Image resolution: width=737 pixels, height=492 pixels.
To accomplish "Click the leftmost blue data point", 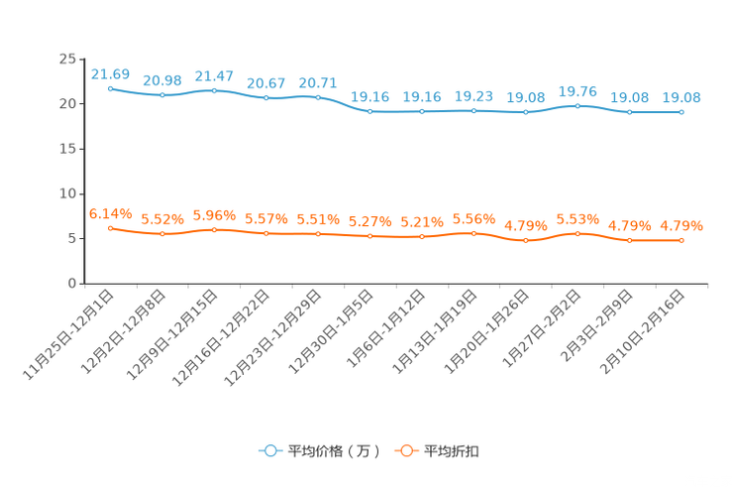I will (x=110, y=88).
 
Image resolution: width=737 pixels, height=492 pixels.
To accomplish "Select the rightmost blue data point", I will (x=682, y=111).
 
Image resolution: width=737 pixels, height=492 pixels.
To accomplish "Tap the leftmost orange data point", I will (x=110, y=227).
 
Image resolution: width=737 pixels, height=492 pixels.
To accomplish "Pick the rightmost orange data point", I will (x=682, y=240).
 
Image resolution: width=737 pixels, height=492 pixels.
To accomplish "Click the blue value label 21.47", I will (x=214, y=75).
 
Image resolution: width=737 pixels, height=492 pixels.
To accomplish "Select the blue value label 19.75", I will (x=578, y=90).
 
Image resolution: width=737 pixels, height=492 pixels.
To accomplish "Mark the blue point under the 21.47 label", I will (x=214, y=90).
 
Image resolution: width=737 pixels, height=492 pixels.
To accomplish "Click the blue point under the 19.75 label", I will (x=578, y=105).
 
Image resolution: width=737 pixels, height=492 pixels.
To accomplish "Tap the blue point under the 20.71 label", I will (x=318, y=96).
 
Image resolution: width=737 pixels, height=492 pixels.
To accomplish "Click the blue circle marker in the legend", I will (x=268, y=450).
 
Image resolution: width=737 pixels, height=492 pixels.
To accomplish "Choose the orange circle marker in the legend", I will (x=404, y=450).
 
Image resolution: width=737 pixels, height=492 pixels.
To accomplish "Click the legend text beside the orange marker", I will (x=452, y=451).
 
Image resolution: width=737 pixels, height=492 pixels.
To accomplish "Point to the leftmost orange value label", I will (x=110, y=212).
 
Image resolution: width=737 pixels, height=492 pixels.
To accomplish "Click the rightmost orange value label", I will (x=682, y=225).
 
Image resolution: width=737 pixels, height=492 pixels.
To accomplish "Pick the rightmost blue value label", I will (x=682, y=96).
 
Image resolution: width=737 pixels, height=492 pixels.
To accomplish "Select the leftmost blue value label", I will (x=110, y=73).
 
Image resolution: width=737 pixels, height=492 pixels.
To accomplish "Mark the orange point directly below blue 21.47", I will (x=214, y=229).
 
